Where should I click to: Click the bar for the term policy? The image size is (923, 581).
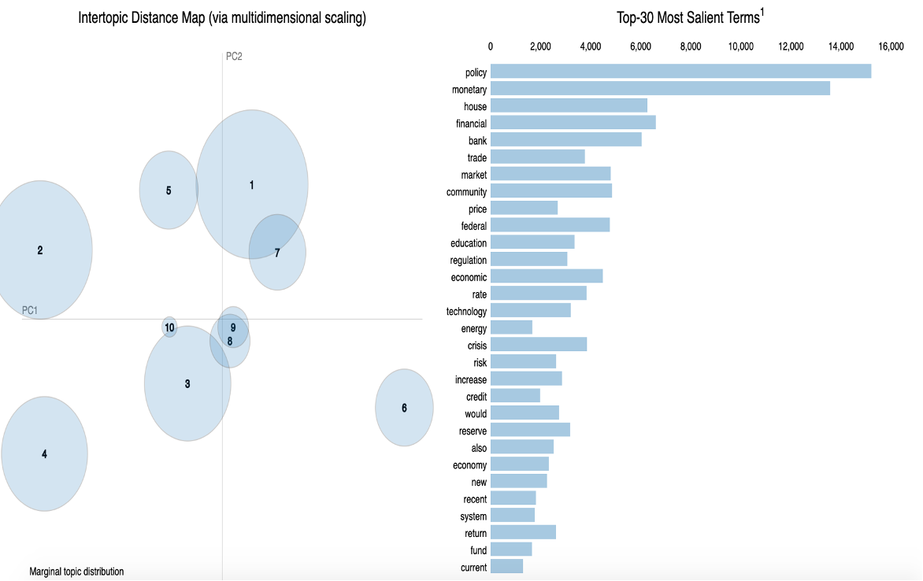[680, 72]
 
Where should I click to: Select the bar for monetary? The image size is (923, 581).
[660, 90]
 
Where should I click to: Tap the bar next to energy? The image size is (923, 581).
[511, 328]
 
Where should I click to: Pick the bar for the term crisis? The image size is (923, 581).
[539, 345]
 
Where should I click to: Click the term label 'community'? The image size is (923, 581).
[466, 192]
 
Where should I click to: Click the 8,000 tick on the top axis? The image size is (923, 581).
[690, 46]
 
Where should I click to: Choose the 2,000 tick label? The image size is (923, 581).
[540, 46]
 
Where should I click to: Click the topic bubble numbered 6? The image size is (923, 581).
[404, 408]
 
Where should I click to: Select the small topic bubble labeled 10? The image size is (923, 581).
[169, 327]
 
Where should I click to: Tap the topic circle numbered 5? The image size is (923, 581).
[169, 191]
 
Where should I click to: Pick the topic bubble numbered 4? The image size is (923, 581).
[44, 453]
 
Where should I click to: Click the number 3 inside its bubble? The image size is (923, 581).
[187, 384]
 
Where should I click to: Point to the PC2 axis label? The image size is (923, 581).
[234, 56]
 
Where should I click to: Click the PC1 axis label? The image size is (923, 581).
[30, 311]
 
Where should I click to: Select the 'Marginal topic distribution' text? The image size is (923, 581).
[76, 572]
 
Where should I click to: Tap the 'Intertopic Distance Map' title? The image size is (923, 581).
[222, 18]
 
